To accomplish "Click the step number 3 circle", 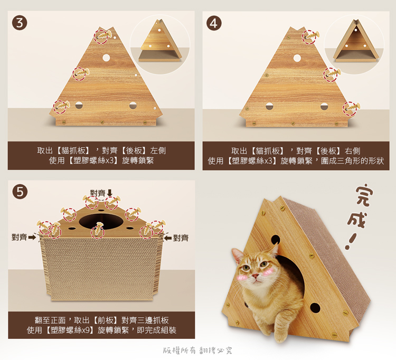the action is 20,23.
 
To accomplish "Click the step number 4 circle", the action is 214,23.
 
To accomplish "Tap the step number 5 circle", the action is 20,192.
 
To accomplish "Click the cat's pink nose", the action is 255,276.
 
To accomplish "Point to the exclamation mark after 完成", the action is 350,242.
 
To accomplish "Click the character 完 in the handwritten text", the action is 364,196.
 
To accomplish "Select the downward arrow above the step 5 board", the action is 110,193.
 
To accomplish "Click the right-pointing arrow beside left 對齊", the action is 32,238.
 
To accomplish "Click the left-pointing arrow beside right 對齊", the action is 168,238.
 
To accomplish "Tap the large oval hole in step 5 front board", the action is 101,222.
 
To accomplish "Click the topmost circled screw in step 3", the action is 102,36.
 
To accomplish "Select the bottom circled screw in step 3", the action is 61,106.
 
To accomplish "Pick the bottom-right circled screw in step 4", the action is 351,108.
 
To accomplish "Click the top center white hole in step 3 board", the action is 106,58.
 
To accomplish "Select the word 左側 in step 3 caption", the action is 158,151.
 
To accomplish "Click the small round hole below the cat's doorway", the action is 315,308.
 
